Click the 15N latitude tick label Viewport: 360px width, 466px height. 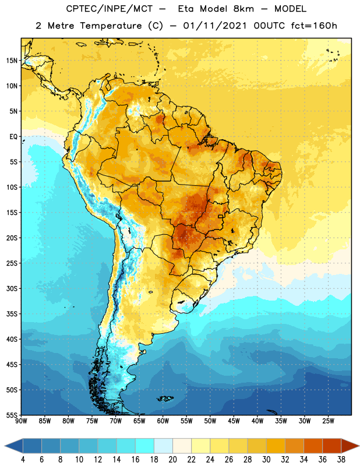pyautogui.click(x=12, y=61)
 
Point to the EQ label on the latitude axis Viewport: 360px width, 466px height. pyautogui.click(x=13, y=137)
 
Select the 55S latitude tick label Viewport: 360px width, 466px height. pyautogui.click(x=12, y=415)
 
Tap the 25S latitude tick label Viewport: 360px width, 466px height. pyautogui.click(x=12, y=263)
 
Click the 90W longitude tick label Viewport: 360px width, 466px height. pyautogui.click(x=21, y=421)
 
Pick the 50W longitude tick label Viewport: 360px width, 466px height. pyautogui.click(x=210, y=421)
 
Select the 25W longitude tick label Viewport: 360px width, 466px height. pyautogui.click(x=328, y=421)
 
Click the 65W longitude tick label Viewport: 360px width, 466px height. pyautogui.click(x=139, y=421)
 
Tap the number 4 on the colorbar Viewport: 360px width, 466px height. pyautogui.click(x=23, y=460)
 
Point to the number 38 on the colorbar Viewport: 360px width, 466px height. pyautogui.click(x=341, y=460)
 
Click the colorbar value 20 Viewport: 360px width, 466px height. pyautogui.click(x=172, y=460)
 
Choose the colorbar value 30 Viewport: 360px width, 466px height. pyautogui.click(x=266, y=460)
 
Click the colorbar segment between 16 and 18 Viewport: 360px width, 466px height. pyautogui.click(x=144, y=446)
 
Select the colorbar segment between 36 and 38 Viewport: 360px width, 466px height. pyautogui.click(x=332, y=446)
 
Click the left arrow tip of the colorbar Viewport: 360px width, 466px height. pyautogui.click(x=5, y=446)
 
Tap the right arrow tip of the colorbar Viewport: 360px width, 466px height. pyautogui.click(x=359, y=446)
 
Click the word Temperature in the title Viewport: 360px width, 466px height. pyautogui.click(x=111, y=26)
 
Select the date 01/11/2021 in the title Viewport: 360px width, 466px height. pyautogui.click(x=215, y=26)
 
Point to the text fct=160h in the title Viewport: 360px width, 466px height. pyautogui.click(x=314, y=26)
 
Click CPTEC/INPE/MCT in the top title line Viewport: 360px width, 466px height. pyautogui.click(x=109, y=9)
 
